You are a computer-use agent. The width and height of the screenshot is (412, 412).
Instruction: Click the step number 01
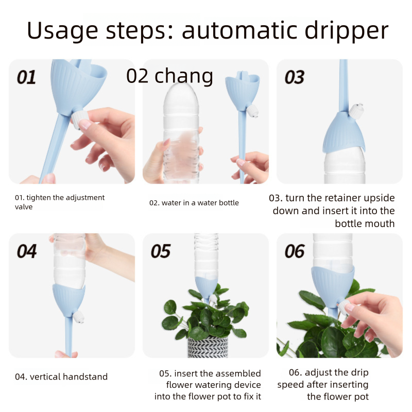(x=27, y=77)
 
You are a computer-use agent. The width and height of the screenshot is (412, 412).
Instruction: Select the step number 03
(x=295, y=77)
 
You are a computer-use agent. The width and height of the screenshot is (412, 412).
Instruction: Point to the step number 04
(x=27, y=251)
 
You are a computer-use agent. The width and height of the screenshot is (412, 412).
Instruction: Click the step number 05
(x=161, y=251)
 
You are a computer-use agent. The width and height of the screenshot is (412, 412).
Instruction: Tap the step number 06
(x=295, y=251)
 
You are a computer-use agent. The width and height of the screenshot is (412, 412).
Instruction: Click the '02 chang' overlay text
(x=169, y=76)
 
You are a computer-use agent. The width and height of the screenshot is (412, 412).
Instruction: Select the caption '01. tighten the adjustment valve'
(x=59, y=202)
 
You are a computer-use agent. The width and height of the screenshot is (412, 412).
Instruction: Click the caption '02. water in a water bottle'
(x=194, y=203)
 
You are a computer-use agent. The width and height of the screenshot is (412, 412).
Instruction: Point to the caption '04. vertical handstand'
(x=61, y=377)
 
